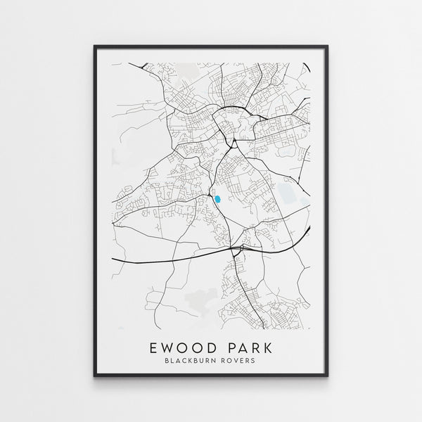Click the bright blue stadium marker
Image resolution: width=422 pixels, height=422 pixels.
pyautogui.click(x=218, y=200)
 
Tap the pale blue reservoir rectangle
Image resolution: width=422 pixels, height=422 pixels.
pyautogui.click(x=287, y=191)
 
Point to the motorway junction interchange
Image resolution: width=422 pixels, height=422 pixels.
pyautogui.click(x=237, y=247)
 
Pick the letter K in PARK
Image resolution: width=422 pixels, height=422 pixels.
pyautogui.click(x=270, y=346)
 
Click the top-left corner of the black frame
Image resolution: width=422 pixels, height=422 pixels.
pyautogui.click(x=94, y=45)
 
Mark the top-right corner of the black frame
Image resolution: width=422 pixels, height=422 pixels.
pyautogui.click(x=329, y=45)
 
